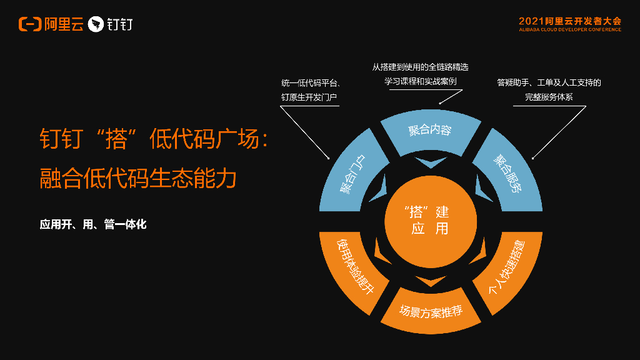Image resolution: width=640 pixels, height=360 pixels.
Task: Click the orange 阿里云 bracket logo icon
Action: (x=30, y=24)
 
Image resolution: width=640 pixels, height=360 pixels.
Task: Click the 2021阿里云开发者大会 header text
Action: (x=569, y=21)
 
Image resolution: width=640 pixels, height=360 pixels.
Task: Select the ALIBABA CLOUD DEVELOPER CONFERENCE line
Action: (x=569, y=29)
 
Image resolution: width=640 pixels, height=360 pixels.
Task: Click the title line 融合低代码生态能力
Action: (x=138, y=178)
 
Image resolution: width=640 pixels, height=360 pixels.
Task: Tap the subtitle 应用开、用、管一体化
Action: (x=93, y=224)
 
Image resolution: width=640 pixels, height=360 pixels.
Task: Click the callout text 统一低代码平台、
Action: (x=310, y=82)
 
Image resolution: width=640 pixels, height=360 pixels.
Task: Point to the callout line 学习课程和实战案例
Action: (x=421, y=82)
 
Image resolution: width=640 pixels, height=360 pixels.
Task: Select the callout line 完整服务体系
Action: (x=549, y=97)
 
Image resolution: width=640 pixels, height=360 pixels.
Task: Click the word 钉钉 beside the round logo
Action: (x=119, y=24)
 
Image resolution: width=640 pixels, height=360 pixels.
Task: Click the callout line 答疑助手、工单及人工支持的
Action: (x=549, y=82)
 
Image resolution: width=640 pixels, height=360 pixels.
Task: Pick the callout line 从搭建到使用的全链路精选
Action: (x=421, y=67)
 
